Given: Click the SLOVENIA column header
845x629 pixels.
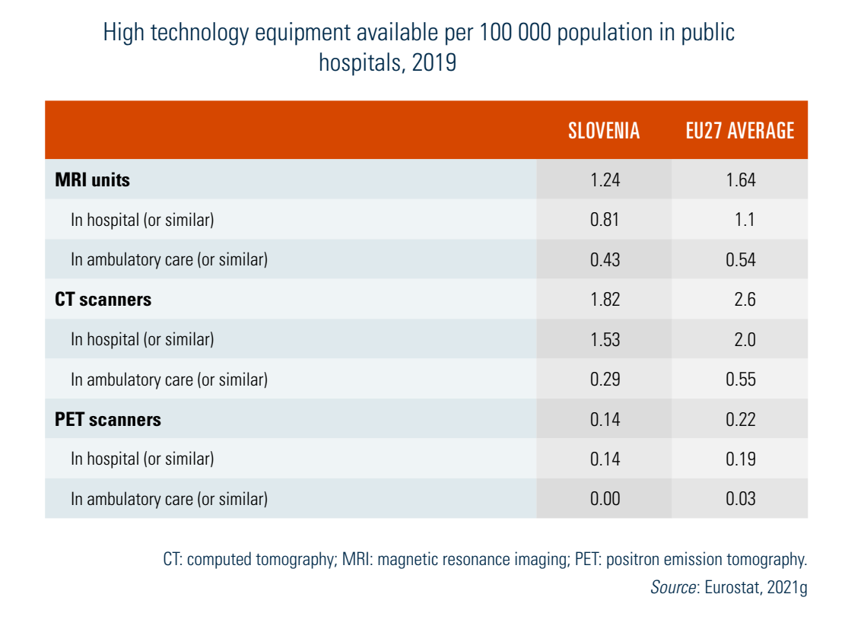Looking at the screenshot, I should click(x=604, y=131).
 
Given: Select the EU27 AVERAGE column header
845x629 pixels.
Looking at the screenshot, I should click(x=739, y=131).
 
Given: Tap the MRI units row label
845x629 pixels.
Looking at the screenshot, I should click(x=93, y=180).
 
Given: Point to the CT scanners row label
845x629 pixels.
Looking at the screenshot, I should click(x=103, y=300).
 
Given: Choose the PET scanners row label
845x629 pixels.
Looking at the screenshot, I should click(x=108, y=419).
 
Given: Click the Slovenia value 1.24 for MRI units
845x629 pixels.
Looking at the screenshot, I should click(x=605, y=180).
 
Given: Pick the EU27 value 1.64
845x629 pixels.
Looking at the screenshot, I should click(x=740, y=180).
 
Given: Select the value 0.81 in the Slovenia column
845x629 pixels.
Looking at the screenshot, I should click(x=605, y=220).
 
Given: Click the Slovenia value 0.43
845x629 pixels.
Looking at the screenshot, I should click(x=605, y=260).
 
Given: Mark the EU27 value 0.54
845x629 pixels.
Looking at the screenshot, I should click(x=740, y=260).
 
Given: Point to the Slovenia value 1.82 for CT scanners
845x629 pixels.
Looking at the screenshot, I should click(x=605, y=300).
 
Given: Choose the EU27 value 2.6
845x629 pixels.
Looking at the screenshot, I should click(x=745, y=300).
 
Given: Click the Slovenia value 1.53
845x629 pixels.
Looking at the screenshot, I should click(x=605, y=339).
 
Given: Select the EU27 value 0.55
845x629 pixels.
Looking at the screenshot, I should click(x=740, y=380).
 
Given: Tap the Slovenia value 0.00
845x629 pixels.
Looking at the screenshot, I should click(x=605, y=499).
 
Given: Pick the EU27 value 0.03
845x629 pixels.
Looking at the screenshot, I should click(x=740, y=499).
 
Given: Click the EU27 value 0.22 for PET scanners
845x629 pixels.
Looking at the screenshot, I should click(x=740, y=419).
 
